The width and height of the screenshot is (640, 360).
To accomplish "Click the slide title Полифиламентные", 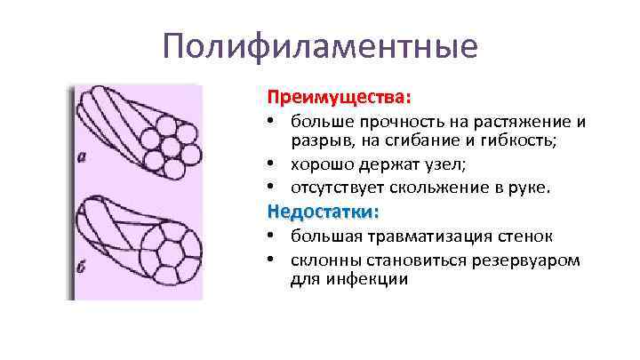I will [x=320, y=45].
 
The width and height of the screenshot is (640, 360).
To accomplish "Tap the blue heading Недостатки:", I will [x=323, y=212].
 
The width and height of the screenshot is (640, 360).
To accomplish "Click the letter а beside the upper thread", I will [x=82, y=159].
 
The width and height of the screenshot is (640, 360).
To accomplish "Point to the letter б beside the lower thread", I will [x=82, y=269].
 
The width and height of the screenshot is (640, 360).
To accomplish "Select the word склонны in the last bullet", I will [x=325, y=260].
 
